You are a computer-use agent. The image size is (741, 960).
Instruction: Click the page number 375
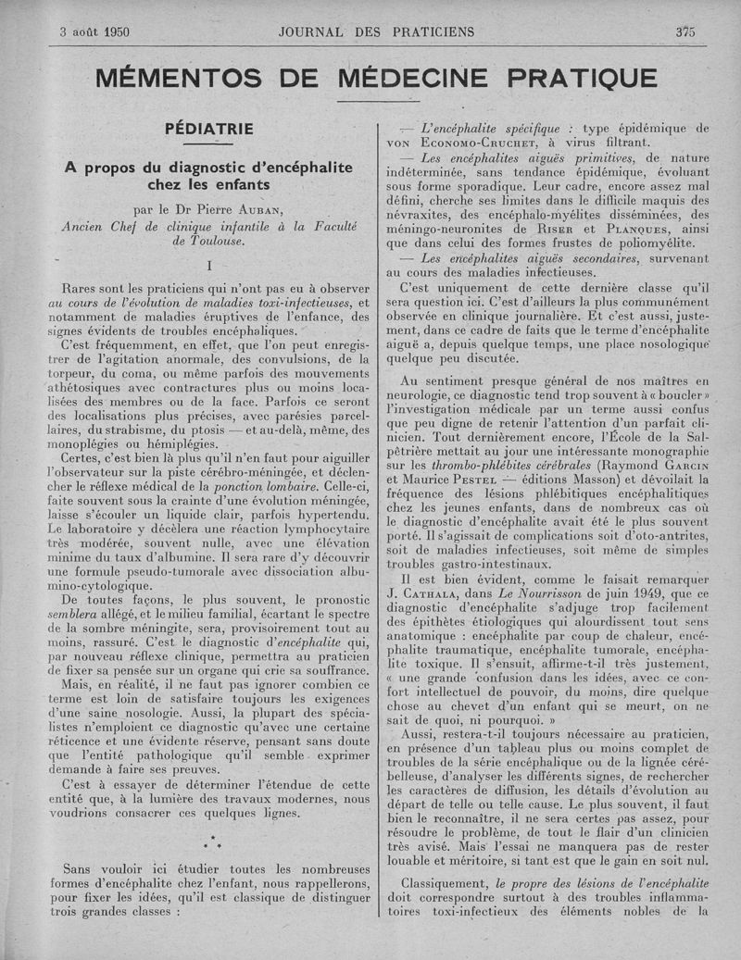(684, 31)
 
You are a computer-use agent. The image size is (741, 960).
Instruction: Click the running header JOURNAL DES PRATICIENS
(376, 31)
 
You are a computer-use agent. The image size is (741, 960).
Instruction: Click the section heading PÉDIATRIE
(208, 129)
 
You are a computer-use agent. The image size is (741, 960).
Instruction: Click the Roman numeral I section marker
(210, 267)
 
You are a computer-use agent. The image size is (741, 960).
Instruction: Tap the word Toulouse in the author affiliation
(214, 241)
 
